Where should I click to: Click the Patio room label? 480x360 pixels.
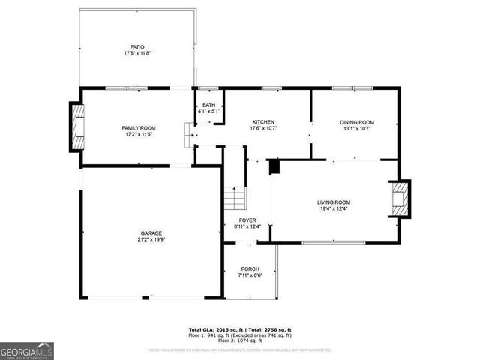pos(137,47)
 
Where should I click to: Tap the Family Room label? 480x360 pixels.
pos(139,128)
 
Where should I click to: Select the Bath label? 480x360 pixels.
pos(208,104)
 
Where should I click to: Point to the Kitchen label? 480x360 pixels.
pos(263,122)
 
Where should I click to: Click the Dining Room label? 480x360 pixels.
pos(357,122)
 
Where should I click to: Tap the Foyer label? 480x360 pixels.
pos(247,220)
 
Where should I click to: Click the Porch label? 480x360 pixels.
pos(250,268)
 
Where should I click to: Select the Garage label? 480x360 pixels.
pos(151,232)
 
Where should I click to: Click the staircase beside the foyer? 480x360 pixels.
pos(234,199)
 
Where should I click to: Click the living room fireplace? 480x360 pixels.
pos(401,199)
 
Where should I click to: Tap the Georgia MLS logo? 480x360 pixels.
pos(27,350)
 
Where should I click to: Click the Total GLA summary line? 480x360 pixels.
pos(240,330)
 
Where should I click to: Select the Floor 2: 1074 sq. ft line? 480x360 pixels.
pos(240,340)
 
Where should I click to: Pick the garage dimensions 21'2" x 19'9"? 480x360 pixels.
pos(151,240)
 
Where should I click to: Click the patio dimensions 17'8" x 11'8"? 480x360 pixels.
pos(137,54)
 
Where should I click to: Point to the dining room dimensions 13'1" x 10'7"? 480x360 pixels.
pos(357,129)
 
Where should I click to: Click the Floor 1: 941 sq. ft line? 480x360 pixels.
pos(240,335)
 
